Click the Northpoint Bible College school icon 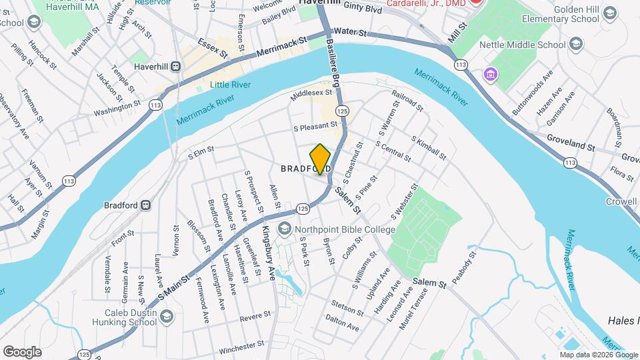coord(285,229)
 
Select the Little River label coord(229,85)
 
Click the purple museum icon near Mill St coord(492,73)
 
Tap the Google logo coord(21,351)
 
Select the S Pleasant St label coord(316,125)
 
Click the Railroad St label coord(407,101)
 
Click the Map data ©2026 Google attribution coord(597,355)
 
